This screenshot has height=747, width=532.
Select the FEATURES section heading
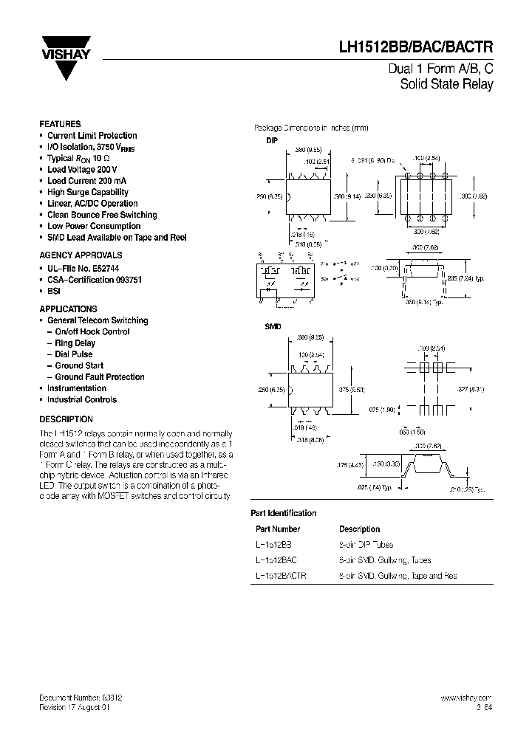tap(60, 124)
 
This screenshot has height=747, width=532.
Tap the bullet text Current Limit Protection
tap(92, 136)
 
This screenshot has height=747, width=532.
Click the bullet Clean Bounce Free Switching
tap(102, 215)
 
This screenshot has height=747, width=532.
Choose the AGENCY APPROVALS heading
tap(75, 254)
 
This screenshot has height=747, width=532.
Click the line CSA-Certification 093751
tap(95, 280)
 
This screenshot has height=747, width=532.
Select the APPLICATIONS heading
tap(68, 309)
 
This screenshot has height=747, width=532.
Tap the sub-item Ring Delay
tap(75, 343)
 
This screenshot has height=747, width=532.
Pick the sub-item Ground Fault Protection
tap(100, 377)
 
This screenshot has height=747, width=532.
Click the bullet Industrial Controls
tap(82, 399)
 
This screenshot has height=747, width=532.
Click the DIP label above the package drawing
tap(271, 140)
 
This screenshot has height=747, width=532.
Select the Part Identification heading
tap(284, 513)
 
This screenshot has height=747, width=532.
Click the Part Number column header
tap(278, 529)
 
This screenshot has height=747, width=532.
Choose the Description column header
tap(359, 529)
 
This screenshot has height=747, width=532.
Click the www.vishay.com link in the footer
tap(465, 698)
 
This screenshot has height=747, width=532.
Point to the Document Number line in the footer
tap(81, 698)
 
